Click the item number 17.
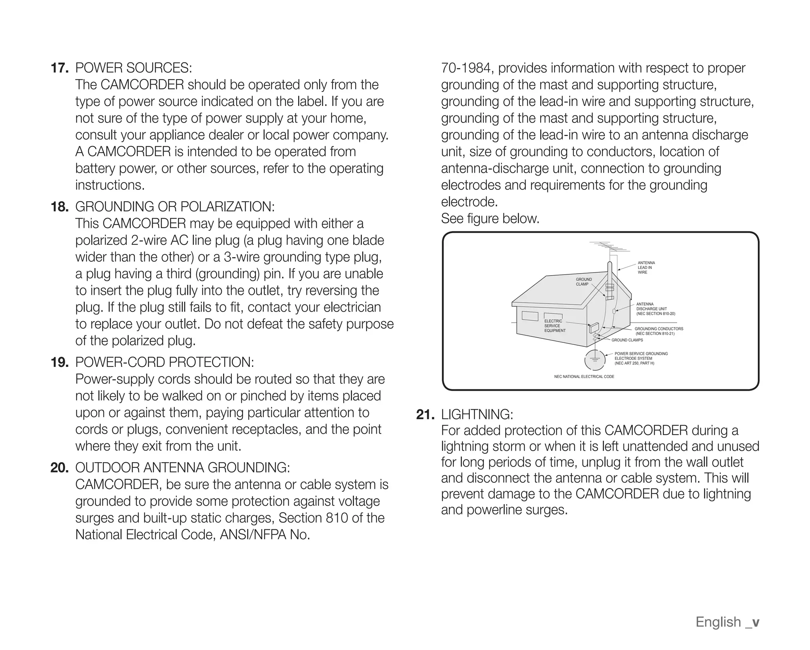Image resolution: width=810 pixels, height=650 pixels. click(60, 68)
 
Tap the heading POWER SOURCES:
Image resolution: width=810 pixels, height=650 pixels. click(134, 68)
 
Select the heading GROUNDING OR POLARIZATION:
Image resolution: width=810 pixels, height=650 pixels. click(175, 206)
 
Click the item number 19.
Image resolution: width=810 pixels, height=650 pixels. click(60, 362)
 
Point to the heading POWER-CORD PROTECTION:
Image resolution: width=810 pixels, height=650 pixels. click(165, 362)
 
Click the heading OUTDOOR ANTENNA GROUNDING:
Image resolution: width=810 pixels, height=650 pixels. click(182, 467)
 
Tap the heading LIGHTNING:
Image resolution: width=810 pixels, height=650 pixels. click(477, 414)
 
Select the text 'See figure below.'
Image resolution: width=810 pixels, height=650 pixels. click(490, 218)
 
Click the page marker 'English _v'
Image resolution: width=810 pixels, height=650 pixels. click(727, 622)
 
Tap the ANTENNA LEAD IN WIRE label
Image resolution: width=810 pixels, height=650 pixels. click(646, 268)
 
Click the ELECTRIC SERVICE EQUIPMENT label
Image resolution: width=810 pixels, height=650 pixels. click(555, 326)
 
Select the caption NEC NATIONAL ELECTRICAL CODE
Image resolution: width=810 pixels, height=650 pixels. click(584, 376)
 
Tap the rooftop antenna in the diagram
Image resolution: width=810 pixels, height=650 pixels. click(609, 248)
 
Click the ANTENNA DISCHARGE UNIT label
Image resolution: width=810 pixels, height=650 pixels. click(655, 309)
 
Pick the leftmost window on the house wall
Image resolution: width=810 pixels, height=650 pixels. click(530, 316)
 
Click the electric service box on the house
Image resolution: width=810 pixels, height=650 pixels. click(594, 328)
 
